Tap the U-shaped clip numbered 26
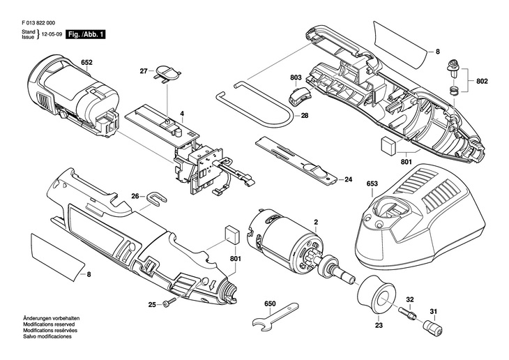(155, 199)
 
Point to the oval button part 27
(168, 73)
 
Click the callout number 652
(86, 62)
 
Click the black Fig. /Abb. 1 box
(86, 34)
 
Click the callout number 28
(305, 115)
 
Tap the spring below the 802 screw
(454, 91)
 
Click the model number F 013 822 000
(38, 23)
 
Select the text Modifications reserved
(49, 324)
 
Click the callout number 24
(349, 179)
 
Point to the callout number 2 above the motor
(316, 223)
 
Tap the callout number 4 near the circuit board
(182, 114)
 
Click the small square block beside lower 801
(232, 234)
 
